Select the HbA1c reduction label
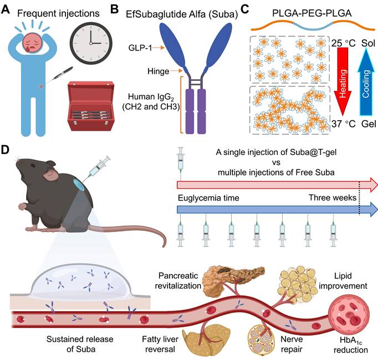coord(348,338)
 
